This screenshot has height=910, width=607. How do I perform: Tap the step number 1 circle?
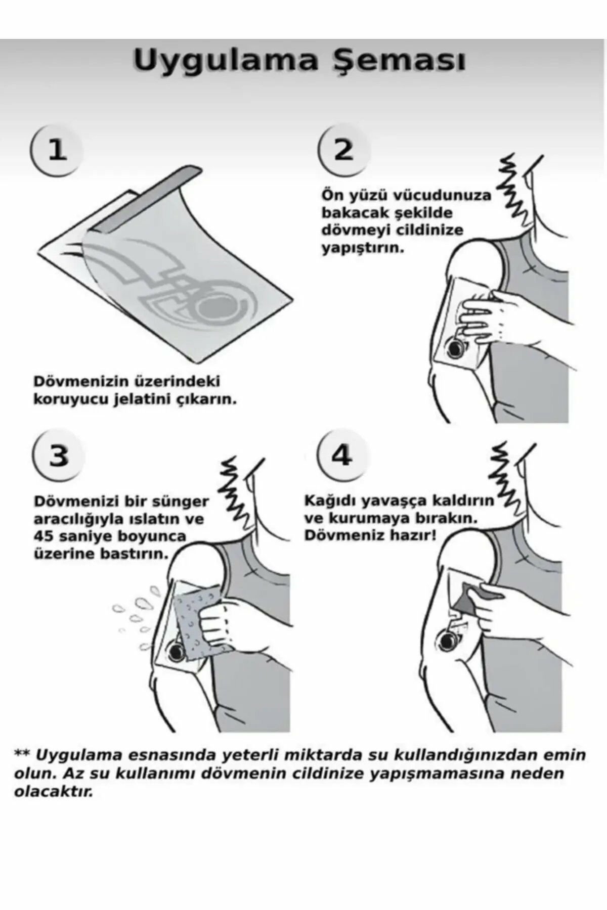pos(57,150)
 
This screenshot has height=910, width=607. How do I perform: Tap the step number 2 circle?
pos(343,150)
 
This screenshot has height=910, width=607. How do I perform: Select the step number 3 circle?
pos(59,456)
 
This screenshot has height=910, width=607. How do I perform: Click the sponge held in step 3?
pos(195,624)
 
